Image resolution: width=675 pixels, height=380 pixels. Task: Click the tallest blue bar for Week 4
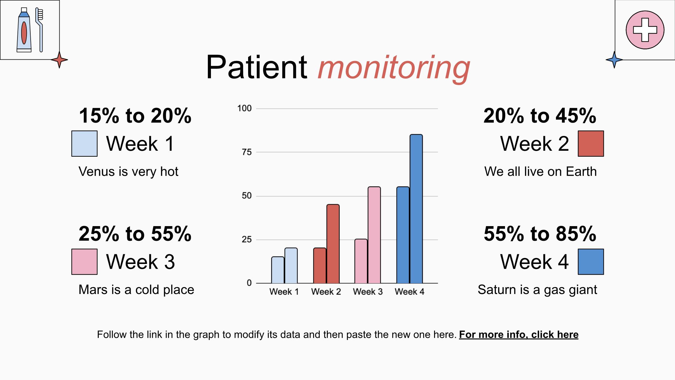(x=416, y=209)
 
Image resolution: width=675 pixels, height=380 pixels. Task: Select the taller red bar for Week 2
(x=333, y=244)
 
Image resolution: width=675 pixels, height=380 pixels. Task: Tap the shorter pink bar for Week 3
(x=361, y=261)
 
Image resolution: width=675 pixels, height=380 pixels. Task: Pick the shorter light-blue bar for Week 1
(x=278, y=270)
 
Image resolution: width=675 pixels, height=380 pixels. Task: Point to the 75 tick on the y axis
(x=247, y=152)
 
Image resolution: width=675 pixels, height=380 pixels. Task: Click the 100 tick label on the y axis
(x=244, y=109)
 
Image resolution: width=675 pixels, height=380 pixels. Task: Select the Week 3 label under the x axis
(x=368, y=292)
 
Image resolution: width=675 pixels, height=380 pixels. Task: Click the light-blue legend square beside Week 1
(x=84, y=144)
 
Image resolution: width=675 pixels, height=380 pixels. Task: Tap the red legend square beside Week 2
(x=591, y=144)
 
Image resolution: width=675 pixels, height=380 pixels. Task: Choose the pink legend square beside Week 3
(x=84, y=262)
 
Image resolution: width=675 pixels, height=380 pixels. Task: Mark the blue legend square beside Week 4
(x=591, y=262)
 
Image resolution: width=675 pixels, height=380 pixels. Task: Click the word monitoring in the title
(x=394, y=68)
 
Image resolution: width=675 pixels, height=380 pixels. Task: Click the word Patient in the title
(x=257, y=67)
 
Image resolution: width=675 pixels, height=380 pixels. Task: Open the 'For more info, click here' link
(x=519, y=335)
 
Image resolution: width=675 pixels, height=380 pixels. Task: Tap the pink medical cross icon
(x=645, y=30)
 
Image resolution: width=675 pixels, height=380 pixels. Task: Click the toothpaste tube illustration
(x=24, y=30)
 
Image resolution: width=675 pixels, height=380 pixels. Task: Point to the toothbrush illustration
(x=39, y=30)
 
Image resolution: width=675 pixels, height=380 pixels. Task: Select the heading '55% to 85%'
(x=540, y=234)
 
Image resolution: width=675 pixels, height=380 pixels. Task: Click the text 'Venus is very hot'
(x=128, y=172)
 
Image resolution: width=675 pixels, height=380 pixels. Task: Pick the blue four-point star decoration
(x=614, y=60)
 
